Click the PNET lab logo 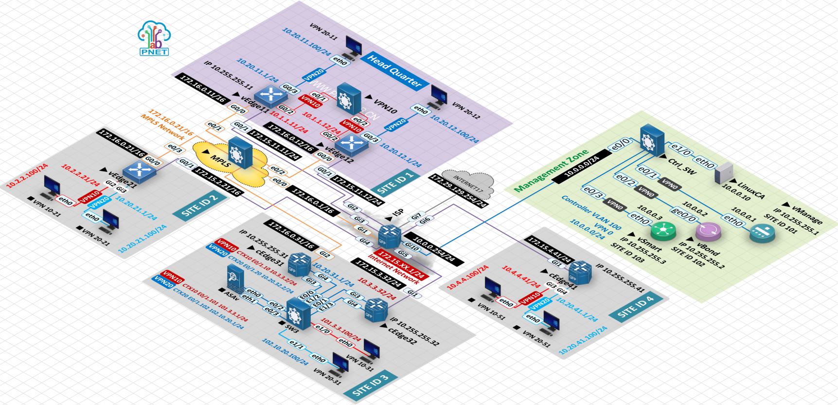click(x=154, y=38)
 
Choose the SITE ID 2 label click(x=199, y=206)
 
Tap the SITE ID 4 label click(x=635, y=307)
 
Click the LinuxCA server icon click(x=724, y=173)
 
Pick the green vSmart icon click(x=663, y=231)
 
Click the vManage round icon click(x=762, y=233)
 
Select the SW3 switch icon click(x=298, y=314)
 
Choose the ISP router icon click(x=390, y=236)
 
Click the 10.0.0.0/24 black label click(x=582, y=166)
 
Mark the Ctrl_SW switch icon click(x=652, y=140)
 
